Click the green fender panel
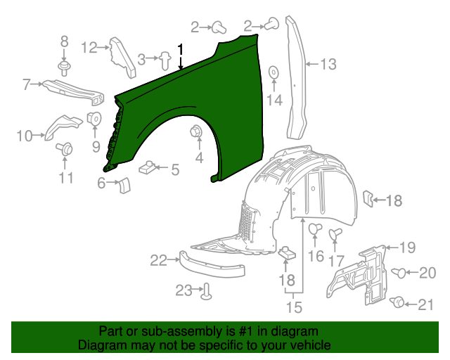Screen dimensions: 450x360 tap(201, 95)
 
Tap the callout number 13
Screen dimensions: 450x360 tap(328, 64)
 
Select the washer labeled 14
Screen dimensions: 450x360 tap(274, 72)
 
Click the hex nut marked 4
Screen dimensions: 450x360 tap(196, 131)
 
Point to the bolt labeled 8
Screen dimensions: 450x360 tap(64, 68)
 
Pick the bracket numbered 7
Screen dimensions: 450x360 tap(74, 92)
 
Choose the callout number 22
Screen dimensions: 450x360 tap(158, 261)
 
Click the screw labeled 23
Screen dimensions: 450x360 tap(206, 291)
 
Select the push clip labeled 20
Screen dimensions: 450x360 tap(399, 273)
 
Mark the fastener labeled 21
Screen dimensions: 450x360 tap(397, 302)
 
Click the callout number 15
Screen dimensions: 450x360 tap(295, 307)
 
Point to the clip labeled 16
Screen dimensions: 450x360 tap(315, 229)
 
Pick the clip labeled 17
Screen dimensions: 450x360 tap(335, 234)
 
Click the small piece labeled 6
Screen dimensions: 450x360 tap(124, 186)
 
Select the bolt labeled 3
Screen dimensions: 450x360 tap(165, 60)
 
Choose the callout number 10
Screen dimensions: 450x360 tap(25, 136)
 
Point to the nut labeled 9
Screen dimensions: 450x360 tap(94, 118)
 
